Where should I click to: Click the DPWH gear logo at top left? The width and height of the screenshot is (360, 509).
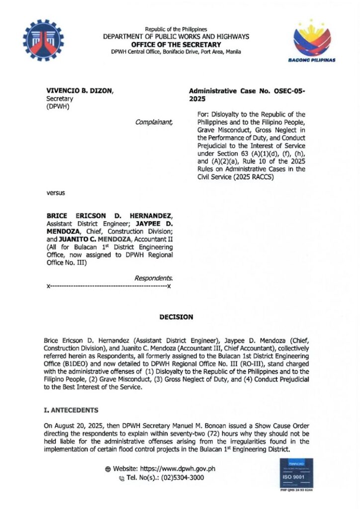pyautogui.click(x=44, y=40)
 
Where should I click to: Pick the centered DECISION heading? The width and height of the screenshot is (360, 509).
pyautogui.click(x=176, y=317)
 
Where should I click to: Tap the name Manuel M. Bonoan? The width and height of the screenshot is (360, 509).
pyautogui.click(x=189, y=426)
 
